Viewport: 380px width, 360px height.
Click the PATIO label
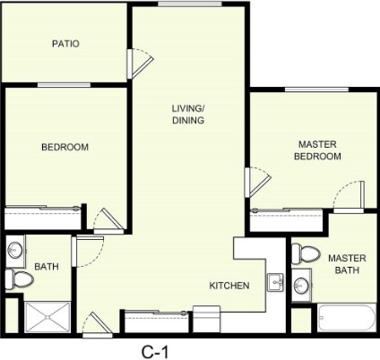click(65, 43)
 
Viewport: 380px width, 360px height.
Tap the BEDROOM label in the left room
click(65, 147)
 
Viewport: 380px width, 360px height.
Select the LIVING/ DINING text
click(188, 115)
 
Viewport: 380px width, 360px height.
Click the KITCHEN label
click(229, 286)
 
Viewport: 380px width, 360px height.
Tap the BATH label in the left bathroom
click(46, 267)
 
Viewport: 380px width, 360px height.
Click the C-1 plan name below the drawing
click(156, 350)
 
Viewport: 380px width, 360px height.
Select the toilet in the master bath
click(305, 253)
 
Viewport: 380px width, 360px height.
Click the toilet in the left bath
click(18, 279)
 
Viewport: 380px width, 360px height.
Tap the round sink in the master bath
click(303, 286)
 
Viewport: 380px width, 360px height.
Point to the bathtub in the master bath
click(345, 318)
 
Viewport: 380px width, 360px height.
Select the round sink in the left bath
click(16, 250)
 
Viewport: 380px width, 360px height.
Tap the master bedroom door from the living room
click(258, 184)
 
